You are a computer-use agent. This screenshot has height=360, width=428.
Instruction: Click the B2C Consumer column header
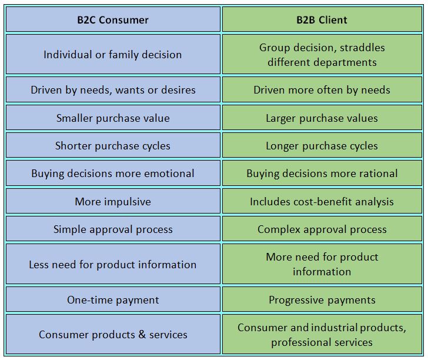pyautogui.click(x=113, y=19)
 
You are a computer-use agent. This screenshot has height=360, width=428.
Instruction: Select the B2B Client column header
pyautogui.click(x=322, y=19)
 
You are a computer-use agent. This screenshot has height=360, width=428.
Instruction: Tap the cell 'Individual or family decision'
pyautogui.click(x=113, y=54)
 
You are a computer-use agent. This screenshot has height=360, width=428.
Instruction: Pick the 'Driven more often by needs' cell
pyautogui.click(x=322, y=89)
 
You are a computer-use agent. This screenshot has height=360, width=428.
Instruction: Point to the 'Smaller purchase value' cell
pyautogui.click(x=113, y=118)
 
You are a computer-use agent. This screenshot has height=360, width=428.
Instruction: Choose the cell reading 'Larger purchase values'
pyautogui.click(x=322, y=118)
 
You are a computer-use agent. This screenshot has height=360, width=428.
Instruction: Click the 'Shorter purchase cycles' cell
pyautogui.click(x=113, y=145)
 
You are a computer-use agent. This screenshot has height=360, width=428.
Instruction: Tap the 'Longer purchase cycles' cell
pyautogui.click(x=322, y=145)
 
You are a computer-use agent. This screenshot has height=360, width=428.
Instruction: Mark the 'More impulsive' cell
pyautogui.click(x=113, y=201)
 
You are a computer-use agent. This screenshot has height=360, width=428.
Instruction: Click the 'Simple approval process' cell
pyautogui.click(x=113, y=229)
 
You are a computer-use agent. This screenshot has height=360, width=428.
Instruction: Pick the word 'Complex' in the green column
pyautogui.click(x=279, y=230)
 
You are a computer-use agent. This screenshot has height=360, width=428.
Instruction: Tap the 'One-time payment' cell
pyautogui.click(x=113, y=299)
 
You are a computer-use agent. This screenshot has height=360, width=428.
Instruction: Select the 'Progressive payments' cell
pyautogui.click(x=322, y=299)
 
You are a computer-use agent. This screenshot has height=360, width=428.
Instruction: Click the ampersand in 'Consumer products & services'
pyautogui.click(x=142, y=334)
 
